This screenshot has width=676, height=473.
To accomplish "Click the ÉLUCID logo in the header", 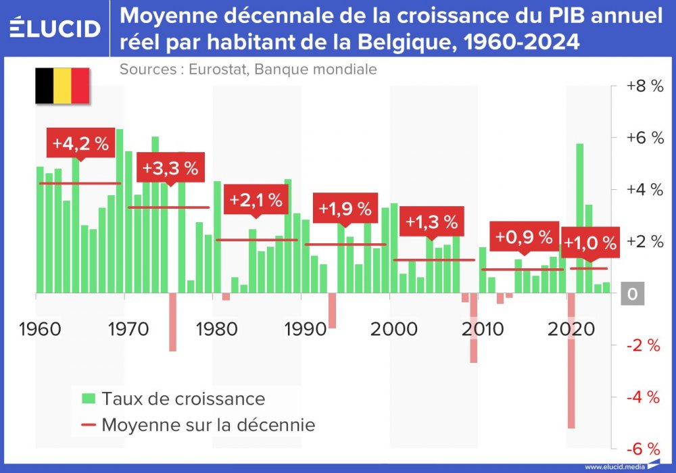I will (56, 28).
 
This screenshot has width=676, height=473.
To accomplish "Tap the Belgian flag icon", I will (62, 86).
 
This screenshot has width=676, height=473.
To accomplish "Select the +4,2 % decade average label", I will (80, 144).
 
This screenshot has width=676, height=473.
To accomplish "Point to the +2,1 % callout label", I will (256, 200).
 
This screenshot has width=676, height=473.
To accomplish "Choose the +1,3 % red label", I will (431, 221).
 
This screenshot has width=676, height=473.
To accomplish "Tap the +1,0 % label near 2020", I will (590, 243).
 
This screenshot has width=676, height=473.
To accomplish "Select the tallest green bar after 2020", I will (579, 218).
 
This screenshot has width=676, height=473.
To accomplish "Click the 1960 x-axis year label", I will (41, 329).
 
